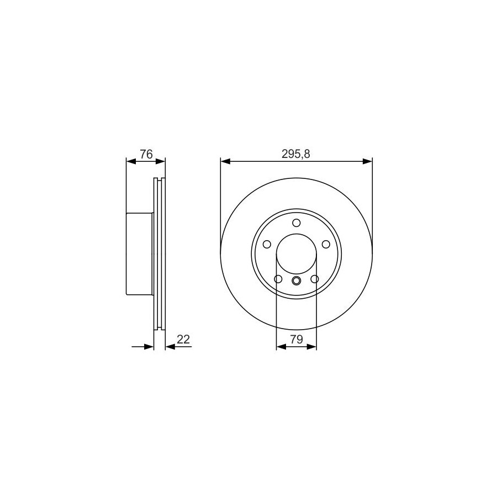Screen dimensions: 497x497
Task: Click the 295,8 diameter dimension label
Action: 296,154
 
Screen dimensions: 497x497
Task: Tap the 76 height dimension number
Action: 146,155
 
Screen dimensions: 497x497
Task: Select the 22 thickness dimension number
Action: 183,339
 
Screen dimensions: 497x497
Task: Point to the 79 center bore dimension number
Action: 297,339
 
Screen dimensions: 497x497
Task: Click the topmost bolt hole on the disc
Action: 297,223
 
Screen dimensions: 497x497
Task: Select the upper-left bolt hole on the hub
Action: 267,245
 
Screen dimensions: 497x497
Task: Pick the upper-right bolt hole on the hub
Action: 326,245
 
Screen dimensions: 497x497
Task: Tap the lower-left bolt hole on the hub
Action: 278,279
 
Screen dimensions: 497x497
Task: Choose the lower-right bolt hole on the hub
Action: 315,279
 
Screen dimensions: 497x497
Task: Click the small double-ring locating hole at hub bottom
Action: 297,281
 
